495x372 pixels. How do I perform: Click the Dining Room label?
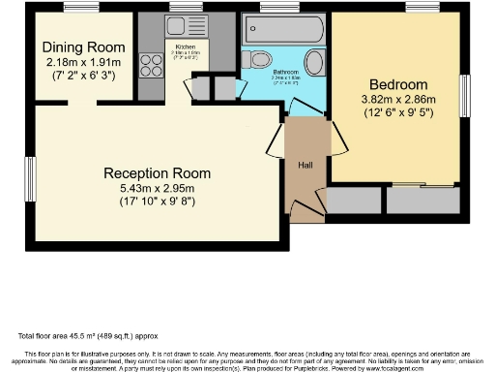click(x=85, y=47)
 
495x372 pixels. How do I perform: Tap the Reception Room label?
click(x=157, y=173)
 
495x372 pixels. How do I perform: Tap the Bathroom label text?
click(x=284, y=72)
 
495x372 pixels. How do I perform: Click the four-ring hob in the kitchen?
click(x=152, y=65)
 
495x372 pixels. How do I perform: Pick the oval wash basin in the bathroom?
click(x=314, y=64)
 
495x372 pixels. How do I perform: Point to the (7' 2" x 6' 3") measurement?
click(x=85, y=75)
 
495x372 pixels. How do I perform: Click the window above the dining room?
click(x=80, y=9)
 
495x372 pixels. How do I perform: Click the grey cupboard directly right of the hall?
click(x=354, y=200)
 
